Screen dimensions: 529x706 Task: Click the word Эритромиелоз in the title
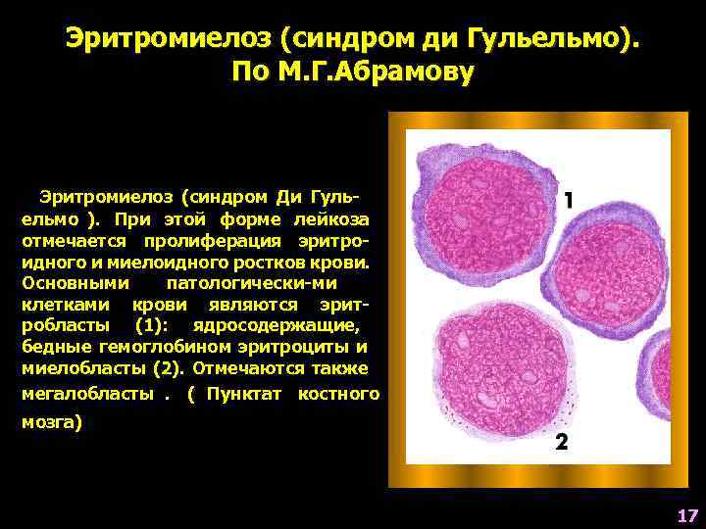(x=167, y=39)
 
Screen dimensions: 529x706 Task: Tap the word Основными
(x=75, y=284)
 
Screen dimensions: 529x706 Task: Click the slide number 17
(x=685, y=515)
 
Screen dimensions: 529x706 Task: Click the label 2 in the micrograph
(x=560, y=442)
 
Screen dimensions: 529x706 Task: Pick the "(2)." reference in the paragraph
(x=172, y=368)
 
